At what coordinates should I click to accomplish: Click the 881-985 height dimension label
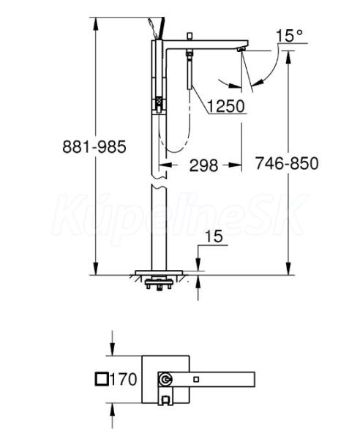click(x=94, y=146)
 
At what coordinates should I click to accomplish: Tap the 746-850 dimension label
click(x=287, y=163)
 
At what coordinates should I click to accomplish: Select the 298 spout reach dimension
click(x=203, y=165)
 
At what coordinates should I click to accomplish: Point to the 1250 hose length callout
click(x=226, y=106)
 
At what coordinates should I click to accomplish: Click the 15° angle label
click(x=290, y=36)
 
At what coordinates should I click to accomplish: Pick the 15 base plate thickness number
click(x=214, y=236)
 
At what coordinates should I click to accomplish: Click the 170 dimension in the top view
click(x=124, y=379)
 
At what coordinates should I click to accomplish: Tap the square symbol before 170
click(x=102, y=379)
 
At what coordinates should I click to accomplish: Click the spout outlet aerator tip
click(x=241, y=50)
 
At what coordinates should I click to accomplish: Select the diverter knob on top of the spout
click(x=190, y=37)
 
